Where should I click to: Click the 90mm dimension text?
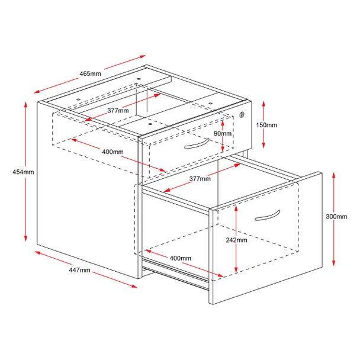[223, 134]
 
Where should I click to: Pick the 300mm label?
[336, 217]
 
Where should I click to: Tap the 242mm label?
[236, 240]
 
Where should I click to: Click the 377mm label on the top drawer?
[118, 111]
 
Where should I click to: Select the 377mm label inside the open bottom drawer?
[201, 178]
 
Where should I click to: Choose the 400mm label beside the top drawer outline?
[112, 152]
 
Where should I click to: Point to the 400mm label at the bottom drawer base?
[180, 258]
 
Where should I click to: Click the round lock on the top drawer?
[242, 115]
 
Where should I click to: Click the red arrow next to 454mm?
[26, 172]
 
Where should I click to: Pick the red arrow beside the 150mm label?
[263, 125]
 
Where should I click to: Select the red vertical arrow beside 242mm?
[236, 241]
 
